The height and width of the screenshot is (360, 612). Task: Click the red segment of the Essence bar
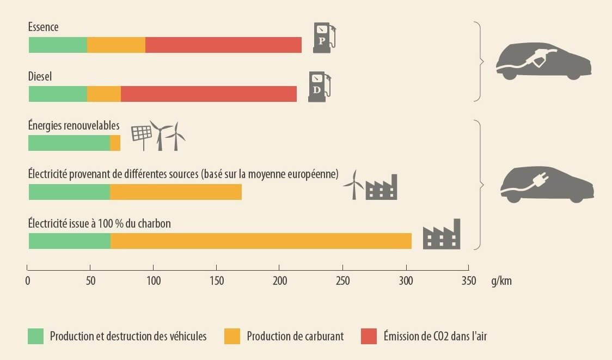coord(223,45)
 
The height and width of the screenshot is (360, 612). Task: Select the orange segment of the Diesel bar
coord(104,94)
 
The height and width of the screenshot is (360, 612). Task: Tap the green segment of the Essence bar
coord(58,45)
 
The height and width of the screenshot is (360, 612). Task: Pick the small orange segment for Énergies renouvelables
coord(115,143)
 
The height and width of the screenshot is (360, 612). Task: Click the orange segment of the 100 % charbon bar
coord(261,241)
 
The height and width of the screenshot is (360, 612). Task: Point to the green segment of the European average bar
coord(69,192)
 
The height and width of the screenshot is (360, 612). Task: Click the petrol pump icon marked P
coord(323,38)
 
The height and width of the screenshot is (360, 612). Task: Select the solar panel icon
coord(141,136)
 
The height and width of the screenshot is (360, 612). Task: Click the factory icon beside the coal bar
coord(442,235)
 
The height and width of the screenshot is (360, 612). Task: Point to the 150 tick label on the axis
coord(216,281)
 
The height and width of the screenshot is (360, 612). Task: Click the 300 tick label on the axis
coord(406,281)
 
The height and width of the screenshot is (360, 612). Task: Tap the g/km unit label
coord(500,281)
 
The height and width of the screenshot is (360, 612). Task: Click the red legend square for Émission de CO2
coord(369,336)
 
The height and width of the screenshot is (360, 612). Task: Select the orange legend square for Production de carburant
coord(231,336)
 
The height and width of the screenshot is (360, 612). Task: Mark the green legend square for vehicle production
coord(35,336)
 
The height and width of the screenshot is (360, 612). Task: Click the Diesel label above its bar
coord(40,77)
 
